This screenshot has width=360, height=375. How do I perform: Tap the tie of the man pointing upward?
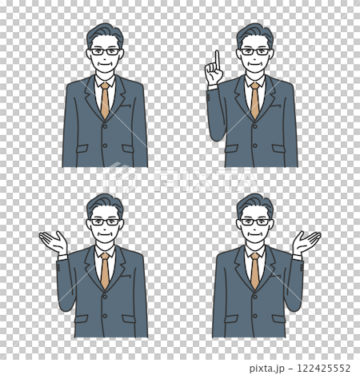tap(254, 100)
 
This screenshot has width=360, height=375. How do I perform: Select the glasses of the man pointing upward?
tap(255, 51)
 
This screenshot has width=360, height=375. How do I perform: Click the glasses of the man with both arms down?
tap(105, 51)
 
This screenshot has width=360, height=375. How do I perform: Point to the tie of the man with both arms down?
tap(105, 100)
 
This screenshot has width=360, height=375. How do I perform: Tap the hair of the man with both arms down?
tap(104, 33)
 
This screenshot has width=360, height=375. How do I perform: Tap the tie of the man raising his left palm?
tap(105, 270)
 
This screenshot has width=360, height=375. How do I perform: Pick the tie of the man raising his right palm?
tap(254, 270)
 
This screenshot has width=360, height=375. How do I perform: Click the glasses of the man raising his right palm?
tap(255, 221)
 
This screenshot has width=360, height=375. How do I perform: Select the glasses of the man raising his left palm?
tap(105, 221)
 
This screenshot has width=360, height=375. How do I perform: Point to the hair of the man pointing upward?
tap(254, 33)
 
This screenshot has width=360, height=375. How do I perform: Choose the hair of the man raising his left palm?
tap(104, 203)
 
